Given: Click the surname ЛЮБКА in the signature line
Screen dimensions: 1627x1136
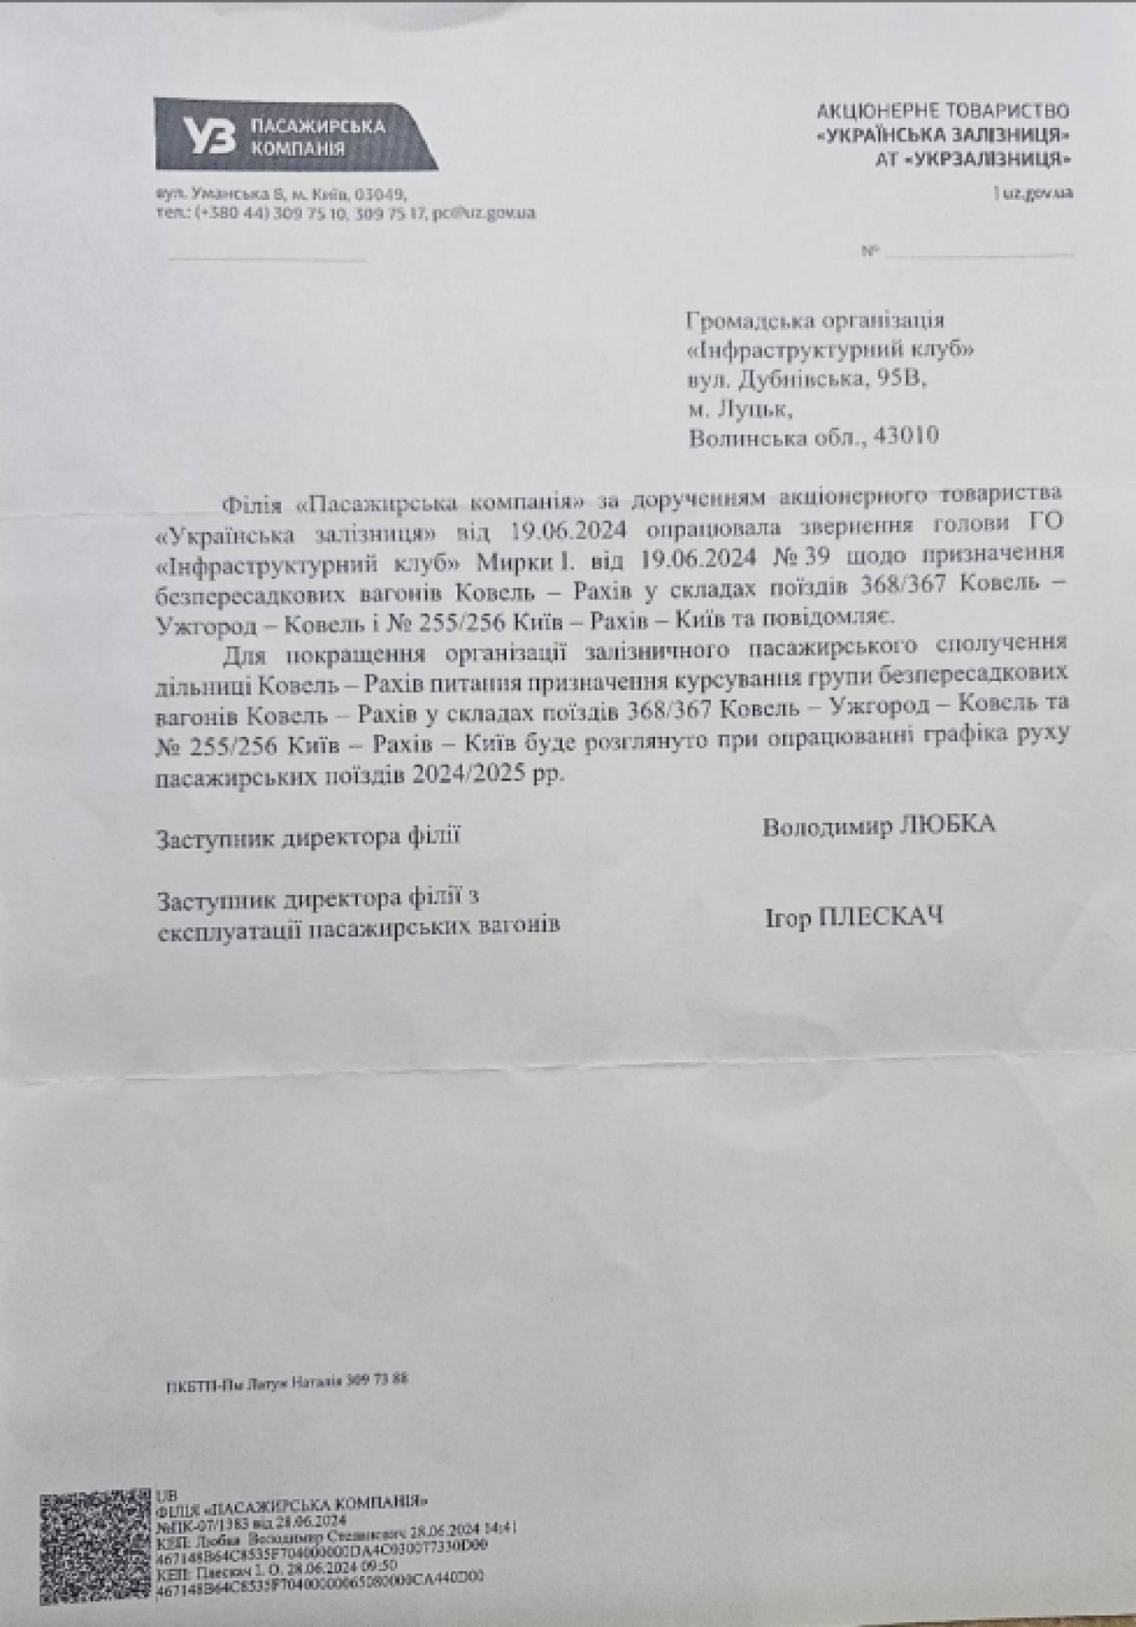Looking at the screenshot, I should (x=948, y=825).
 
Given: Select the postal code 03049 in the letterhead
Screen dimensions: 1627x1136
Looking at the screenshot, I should (x=379, y=193).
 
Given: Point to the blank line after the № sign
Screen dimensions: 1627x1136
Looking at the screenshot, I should (x=979, y=254).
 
